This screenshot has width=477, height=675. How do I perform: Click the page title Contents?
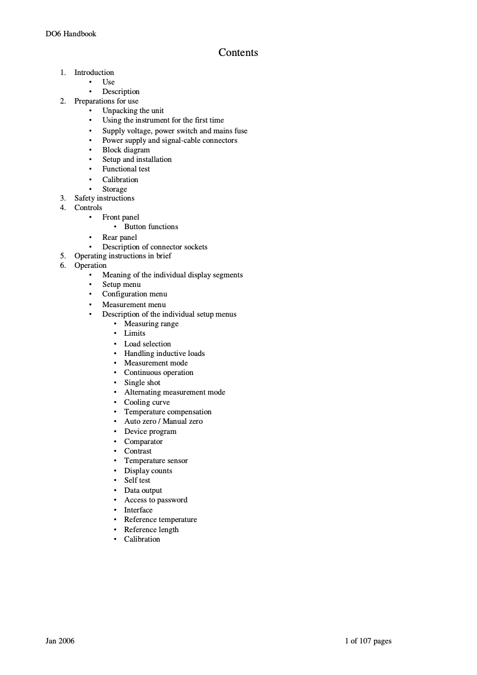[x=238, y=52]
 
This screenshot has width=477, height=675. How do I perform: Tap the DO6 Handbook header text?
[x=71, y=33]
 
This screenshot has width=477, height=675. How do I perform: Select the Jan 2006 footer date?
[x=60, y=641]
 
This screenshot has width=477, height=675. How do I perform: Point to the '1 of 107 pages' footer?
[x=368, y=641]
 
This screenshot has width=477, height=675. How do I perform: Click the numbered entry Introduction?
[x=94, y=73]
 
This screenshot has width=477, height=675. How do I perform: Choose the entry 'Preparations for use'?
[x=106, y=101]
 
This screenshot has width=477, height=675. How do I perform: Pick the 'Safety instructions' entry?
[x=104, y=198]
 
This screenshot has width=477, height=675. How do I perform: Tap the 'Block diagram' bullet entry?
[x=126, y=150]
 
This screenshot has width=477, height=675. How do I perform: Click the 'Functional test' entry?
[x=126, y=169]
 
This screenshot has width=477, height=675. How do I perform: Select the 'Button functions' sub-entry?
[x=151, y=227]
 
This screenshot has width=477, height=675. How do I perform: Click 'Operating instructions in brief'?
[x=123, y=256]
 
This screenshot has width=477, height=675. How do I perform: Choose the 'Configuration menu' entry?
[x=134, y=294]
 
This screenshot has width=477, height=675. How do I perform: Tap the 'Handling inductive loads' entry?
[x=164, y=354]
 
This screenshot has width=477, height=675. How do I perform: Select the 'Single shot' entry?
[x=142, y=383]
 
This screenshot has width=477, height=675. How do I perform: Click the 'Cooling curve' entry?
[x=147, y=402]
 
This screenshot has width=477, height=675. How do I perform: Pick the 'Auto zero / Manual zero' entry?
[x=163, y=421]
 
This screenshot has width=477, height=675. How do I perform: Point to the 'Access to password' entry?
[x=156, y=500]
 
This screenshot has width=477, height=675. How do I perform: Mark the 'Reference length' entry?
[x=151, y=530]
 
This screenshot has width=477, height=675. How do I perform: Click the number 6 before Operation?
[x=62, y=265]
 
